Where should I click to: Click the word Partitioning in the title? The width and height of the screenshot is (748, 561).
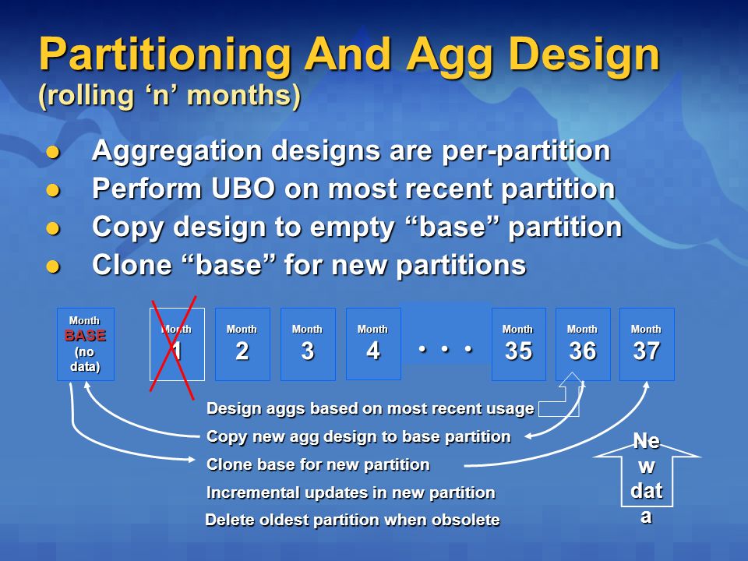point(165,55)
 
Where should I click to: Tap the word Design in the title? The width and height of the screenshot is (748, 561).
point(584,55)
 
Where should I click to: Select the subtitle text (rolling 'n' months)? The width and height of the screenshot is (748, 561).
point(169,96)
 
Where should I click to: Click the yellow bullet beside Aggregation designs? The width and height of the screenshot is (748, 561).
point(53,153)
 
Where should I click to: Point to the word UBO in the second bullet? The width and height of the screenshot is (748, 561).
point(243,188)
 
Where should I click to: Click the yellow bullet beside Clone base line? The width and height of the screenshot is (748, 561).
point(53,266)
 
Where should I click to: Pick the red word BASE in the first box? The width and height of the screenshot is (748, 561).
point(85,336)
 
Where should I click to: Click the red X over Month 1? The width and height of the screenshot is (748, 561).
point(173,347)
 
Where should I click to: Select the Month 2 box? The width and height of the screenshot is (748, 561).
point(242,344)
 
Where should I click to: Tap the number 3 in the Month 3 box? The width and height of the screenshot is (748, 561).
point(308,351)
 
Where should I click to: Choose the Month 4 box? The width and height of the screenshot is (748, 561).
point(373,344)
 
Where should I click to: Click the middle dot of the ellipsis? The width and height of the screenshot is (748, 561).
point(445,349)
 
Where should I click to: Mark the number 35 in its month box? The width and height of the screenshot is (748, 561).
point(519,351)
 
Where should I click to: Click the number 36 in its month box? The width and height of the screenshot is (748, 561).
point(583,351)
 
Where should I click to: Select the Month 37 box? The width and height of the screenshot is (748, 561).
point(647,344)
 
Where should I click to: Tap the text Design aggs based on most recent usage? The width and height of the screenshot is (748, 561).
point(370,409)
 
